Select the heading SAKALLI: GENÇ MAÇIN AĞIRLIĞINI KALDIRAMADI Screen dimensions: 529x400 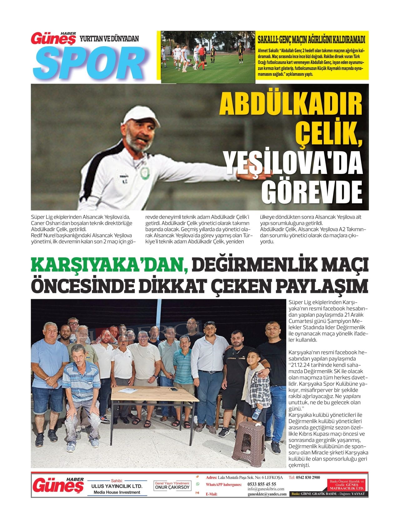click(311, 40)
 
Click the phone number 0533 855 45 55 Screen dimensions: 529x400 click(262, 484)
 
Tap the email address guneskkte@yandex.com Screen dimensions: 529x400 click(267, 494)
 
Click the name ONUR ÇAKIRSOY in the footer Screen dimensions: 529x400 click(172, 487)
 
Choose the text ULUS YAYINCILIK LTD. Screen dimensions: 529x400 click(117, 486)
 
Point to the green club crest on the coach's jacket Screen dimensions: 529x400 click(144, 173)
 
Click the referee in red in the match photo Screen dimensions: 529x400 click(202, 56)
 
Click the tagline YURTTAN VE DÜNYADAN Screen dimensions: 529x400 click(109, 39)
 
